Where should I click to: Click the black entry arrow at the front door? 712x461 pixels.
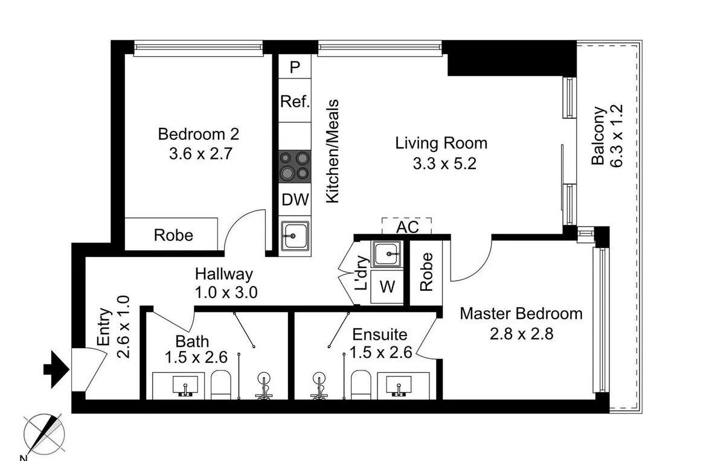[56, 369]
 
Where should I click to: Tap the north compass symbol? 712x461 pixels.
[43, 434]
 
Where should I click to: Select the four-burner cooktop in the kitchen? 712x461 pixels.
[295, 166]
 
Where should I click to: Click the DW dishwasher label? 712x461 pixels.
[295, 200]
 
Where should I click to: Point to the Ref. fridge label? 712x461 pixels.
[295, 101]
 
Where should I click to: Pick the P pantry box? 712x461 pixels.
[295, 67]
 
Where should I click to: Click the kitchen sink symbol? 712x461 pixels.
[295, 235]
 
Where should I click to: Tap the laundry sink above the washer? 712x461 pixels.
[387, 254]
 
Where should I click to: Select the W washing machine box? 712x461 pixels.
[387, 287]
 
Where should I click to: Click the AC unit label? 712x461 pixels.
[407, 227]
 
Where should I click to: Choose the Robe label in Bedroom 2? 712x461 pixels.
[173, 235]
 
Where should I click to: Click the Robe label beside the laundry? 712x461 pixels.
[426, 272]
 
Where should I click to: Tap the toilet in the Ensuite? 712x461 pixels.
[361, 385]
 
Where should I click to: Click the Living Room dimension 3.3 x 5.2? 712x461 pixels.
[444, 163]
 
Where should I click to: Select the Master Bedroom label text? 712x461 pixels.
[521, 314]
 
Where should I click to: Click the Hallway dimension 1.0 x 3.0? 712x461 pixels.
[226, 292]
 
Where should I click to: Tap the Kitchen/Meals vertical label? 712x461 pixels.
[333, 151]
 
